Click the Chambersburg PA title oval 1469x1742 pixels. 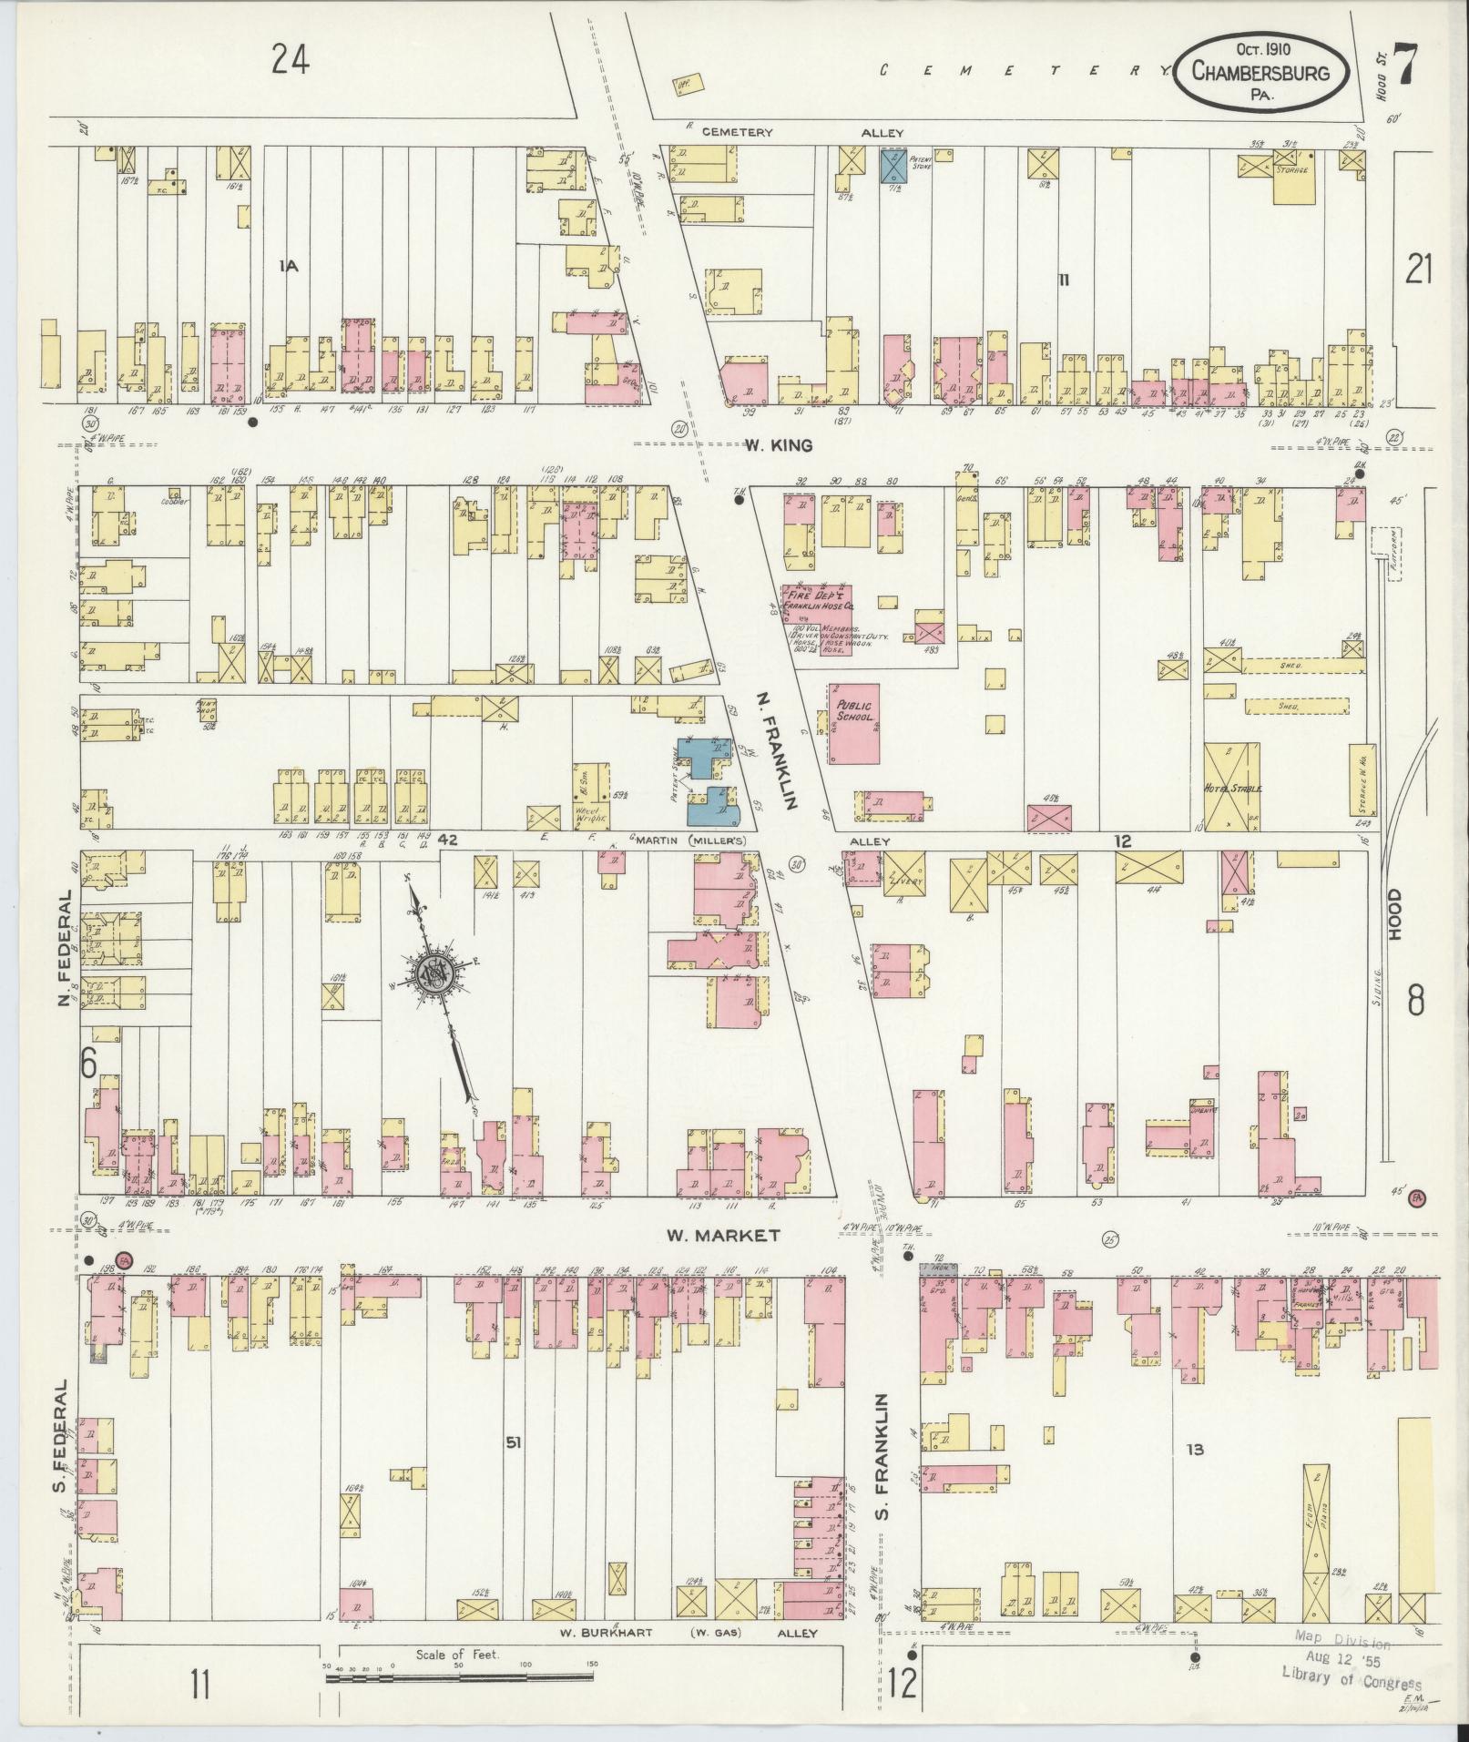click(1260, 72)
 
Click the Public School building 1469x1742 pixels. click(853, 724)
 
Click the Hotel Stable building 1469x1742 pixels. click(1232, 787)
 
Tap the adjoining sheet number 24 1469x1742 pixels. click(290, 60)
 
